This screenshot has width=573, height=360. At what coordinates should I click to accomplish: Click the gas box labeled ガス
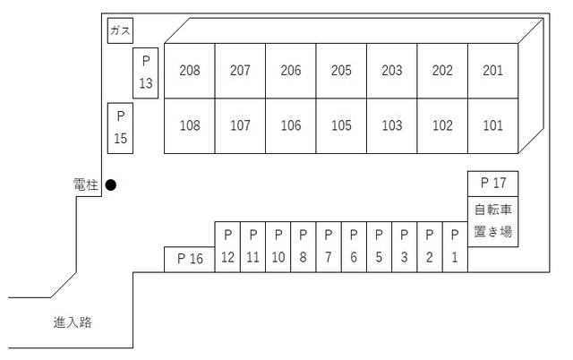[120, 30]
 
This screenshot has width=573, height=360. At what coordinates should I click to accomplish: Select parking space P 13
[145, 73]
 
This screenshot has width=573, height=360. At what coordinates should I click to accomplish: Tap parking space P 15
[120, 128]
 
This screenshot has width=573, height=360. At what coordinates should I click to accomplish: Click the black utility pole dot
[111, 185]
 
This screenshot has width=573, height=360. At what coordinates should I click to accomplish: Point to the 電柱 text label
[86, 185]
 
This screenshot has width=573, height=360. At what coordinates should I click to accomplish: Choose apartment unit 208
[190, 71]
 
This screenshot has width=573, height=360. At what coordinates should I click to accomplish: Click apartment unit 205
[341, 71]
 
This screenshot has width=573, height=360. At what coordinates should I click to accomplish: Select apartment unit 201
[493, 71]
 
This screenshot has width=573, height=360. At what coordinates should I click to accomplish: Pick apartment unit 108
[190, 126]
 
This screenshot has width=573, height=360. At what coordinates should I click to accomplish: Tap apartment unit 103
[392, 126]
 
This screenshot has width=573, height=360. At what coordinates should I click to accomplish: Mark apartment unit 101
[493, 126]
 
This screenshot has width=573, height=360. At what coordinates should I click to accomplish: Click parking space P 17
[493, 184]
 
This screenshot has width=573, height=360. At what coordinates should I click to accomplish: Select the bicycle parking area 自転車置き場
[493, 222]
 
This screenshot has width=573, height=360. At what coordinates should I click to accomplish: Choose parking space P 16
[190, 260]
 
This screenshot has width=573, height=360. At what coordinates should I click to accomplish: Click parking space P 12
[227, 247]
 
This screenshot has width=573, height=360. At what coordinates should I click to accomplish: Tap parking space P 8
[304, 247]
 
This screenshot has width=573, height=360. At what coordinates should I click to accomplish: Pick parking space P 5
[379, 247]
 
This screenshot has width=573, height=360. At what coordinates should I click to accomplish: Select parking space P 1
[455, 247]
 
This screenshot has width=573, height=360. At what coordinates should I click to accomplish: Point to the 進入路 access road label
[73, 322]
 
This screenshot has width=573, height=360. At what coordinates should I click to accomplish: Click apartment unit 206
[291, 71]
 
